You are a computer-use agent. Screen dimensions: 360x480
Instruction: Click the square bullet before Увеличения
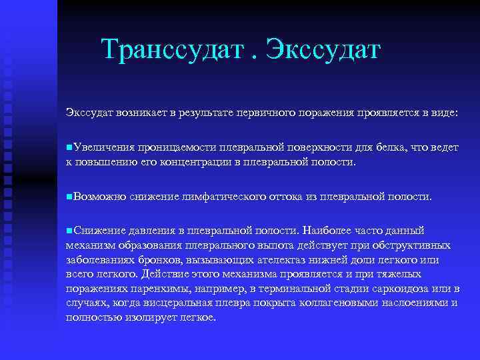click(x=69, y=147)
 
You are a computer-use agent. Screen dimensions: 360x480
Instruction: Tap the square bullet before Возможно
click(x=69, y=197)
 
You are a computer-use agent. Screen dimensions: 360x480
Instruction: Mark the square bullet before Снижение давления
click(x=69, y=231)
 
